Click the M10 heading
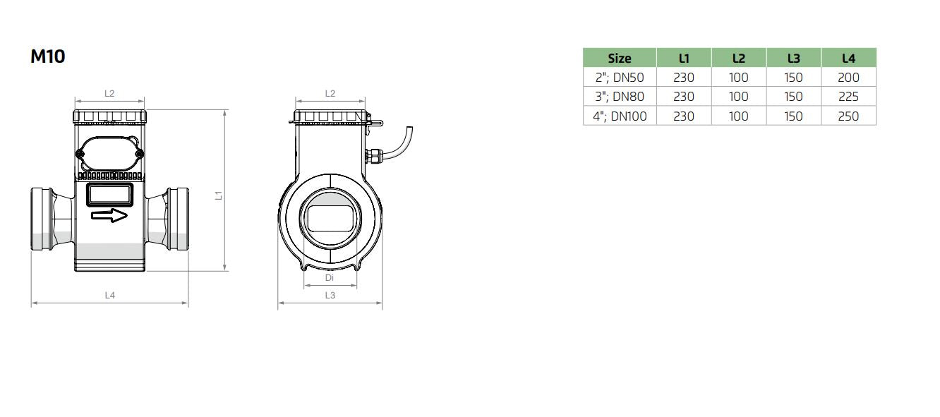(x=47, y=56)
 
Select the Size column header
(x=619, y=58)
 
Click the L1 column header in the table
(x=683, y=58)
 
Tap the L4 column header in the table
(x=848, y=58)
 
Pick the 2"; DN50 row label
(x=619, y=78)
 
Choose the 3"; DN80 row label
(x=619, y=97)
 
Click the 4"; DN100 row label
(x=619, y=116)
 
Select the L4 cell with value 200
(x=848, y=78)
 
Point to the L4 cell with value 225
(x=848, y=97)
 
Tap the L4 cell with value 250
(x=848, y=116)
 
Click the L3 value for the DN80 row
(x=793, y=97)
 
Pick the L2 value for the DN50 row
(x=738, y=78)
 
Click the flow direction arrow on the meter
(x=109, y=215)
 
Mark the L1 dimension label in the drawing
(x=219, y=195)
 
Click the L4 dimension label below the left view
(x=109, y=296)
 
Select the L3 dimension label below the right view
(x=330, y=296)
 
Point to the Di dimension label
(x=330, y=278)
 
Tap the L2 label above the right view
(x=330, y=93)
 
